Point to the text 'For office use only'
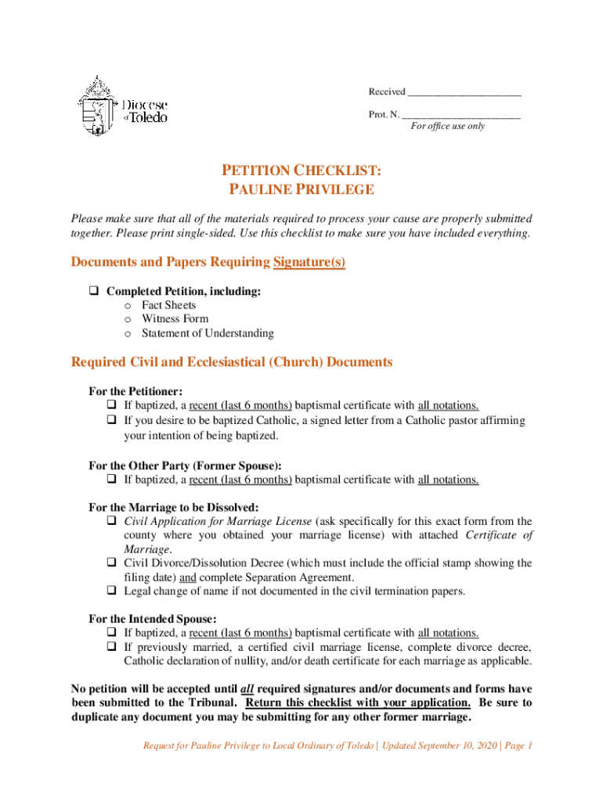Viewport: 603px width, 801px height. point(448,126)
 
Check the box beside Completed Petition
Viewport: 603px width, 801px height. point(92,291)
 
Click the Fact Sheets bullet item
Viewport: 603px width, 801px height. point(168,305)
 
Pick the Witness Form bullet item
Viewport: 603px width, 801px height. point(175,319)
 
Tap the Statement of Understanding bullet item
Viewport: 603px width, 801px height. point(208,333)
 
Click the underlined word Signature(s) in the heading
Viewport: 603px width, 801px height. point(309,262)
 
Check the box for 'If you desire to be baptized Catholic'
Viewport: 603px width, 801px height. point(111,421)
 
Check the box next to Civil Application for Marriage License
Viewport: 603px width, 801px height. point(111,521)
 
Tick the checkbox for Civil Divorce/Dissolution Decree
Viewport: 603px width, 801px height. point(111,563)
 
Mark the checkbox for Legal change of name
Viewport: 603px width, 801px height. point(111,591)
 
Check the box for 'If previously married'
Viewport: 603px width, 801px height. point(111,648)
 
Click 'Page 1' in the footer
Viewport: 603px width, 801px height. point(515,745)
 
